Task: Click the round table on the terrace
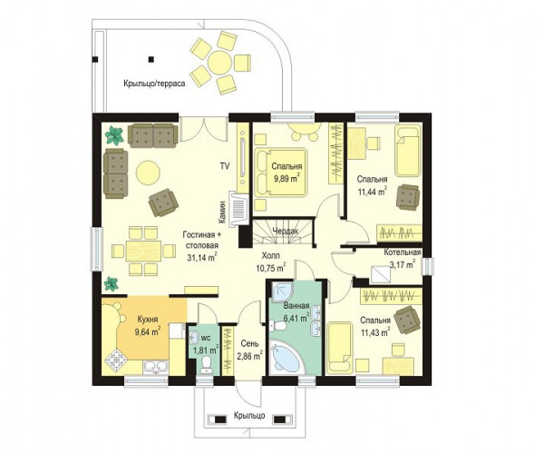tap(219, 63)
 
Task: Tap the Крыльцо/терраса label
tap(154, 84)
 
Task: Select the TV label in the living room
tap(225, 166)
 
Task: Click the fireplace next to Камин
tap(239, 209)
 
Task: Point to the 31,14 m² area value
tap(202, 257)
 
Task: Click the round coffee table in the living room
tap(148, 172)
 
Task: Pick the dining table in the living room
tap(143, 251)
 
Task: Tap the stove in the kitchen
tap(115, 360)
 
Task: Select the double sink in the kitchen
tap(156, 368)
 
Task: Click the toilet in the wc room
tap(206, 364)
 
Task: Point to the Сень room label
tap(249, 343)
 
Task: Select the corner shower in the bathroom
tap(281, 291)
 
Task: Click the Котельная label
tap(402, 252)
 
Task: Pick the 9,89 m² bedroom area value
tap(287, 179)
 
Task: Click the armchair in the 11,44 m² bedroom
tap(408, 197)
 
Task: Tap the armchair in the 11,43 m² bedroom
tap(407, 320)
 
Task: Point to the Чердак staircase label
tap(286, 231)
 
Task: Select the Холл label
tap(270, 256)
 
